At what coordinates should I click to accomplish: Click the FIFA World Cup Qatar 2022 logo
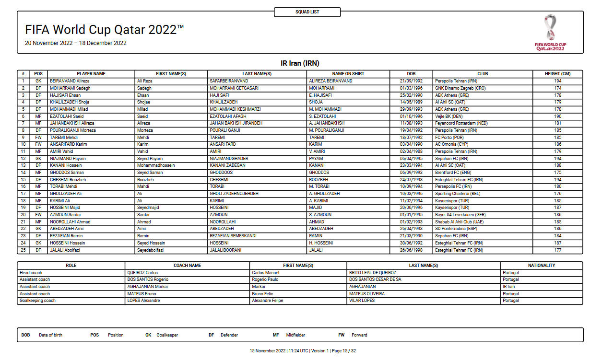[x=550, y=32]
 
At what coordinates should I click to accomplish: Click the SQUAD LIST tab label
[x=307, y=12]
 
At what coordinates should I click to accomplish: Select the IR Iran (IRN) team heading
[x=300, y=63]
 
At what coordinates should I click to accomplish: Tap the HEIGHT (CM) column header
[x=557, y=74]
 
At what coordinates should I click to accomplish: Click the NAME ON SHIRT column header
[x=348, y=74]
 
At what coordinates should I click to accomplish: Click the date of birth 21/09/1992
[x=411, y=81]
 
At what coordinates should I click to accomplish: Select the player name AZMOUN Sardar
[x=66, y=215]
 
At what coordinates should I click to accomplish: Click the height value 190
[x=558, y=116]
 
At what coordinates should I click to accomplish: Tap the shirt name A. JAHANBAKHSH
[x=327, y=123]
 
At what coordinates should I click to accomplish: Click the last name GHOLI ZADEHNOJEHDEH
[x=234, y=194]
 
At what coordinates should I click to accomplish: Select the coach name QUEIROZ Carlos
[x=142, y=273]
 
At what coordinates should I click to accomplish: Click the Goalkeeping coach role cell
[x=37, y=301]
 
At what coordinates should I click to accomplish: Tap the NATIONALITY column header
[x=541, y=266]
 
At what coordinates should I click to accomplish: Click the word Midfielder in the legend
[x=295, y=335]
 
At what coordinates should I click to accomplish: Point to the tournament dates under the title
[x=76, y=43]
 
